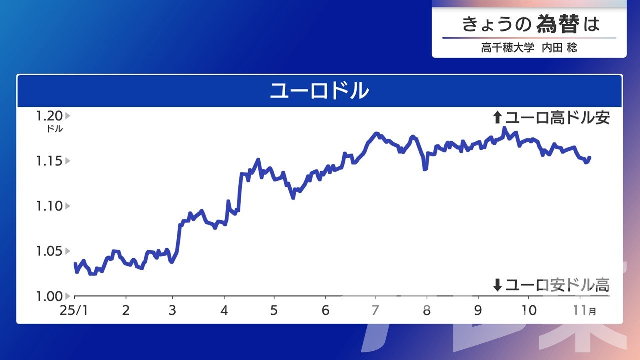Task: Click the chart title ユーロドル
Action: point(319,91)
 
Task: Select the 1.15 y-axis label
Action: point(49,161)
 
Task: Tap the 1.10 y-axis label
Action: point(49,206)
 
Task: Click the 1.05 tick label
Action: point(49,251)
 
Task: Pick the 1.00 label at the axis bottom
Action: point(49,296)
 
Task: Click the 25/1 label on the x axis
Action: point(74,310)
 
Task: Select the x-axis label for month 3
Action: point(172,310)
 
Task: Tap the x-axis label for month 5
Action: point(274,310)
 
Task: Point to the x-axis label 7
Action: point(375,310)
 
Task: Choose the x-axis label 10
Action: point(529,310)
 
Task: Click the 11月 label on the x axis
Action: point(584,310)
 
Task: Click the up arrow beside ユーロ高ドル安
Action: point(497,117)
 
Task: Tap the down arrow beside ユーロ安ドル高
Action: point(497,285)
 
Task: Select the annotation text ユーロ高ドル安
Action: point(557,117)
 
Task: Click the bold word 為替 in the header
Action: point(558,24)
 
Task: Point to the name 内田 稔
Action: point(559,47)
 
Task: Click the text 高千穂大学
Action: point(507,47)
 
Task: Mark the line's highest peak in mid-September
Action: point(504,128)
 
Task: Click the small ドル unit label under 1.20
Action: point(55,129)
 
